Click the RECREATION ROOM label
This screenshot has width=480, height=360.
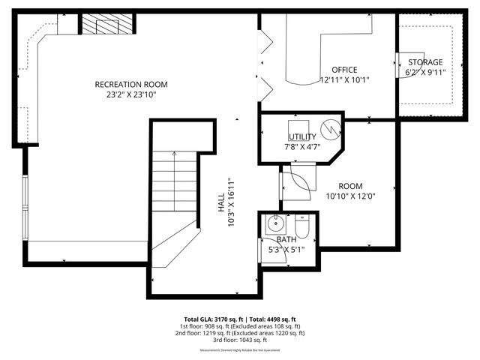pyautogui.click(x=130, y=84)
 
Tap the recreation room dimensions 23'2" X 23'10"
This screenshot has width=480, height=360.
pyautogui.click(x=130, y=94)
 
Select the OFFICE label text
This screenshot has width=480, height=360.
pyautogui.click(x=344, y=70)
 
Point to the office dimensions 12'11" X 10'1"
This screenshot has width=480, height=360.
pyautogui.click(x=344, y=79)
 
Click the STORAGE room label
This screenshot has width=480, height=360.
pyautogui.click(x=424, y=62)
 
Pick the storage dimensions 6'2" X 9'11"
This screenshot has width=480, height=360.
pyautogui.click(x=424, y=73)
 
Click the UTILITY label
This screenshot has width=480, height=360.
pyautogui.click(x=302, y=136)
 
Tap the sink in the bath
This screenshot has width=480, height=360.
pyautogui.click(x=275, y=223)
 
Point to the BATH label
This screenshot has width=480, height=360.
pyautogui.click(x=286, y=240)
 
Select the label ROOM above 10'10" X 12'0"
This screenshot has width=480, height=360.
pyautogui.click(x=349, y=186)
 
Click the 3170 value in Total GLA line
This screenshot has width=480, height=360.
pyautogui.click(x=226, y=319)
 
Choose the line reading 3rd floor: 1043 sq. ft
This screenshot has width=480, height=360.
pyautogui.click(x=239, y=340)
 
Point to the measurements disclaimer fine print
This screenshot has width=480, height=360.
pyautogui.click(x=239, y=350)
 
